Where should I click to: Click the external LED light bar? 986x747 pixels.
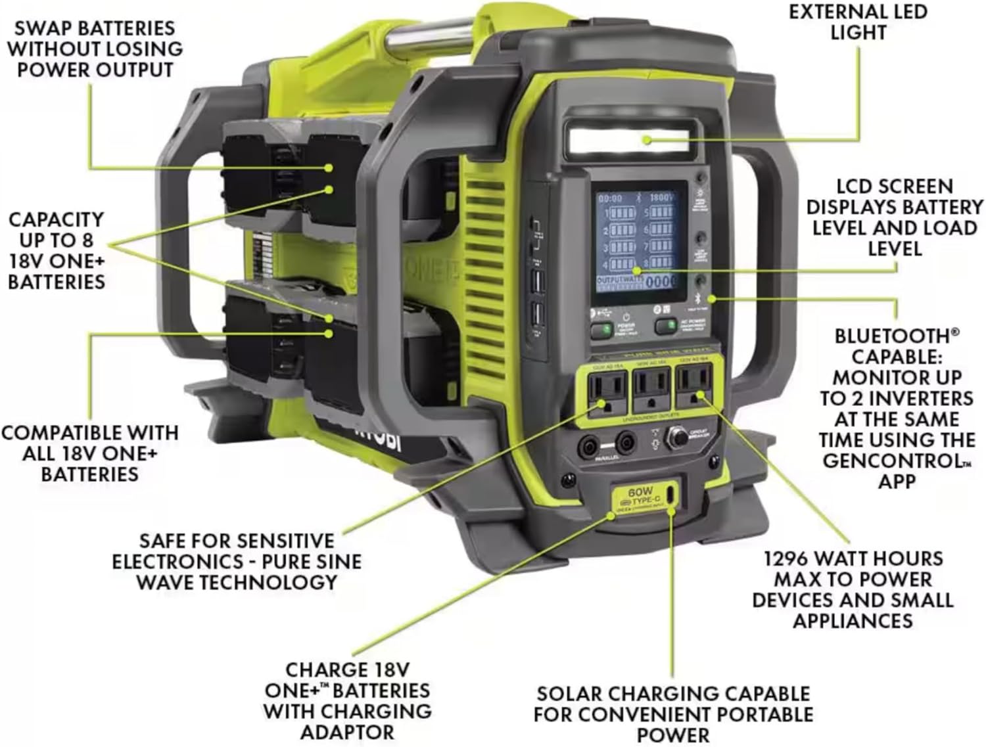628,140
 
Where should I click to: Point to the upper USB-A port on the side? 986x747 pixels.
536,281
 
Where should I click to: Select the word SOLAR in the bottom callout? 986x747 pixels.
569,694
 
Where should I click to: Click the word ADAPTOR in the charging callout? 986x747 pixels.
347,732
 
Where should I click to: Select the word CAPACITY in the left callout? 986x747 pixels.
57,219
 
